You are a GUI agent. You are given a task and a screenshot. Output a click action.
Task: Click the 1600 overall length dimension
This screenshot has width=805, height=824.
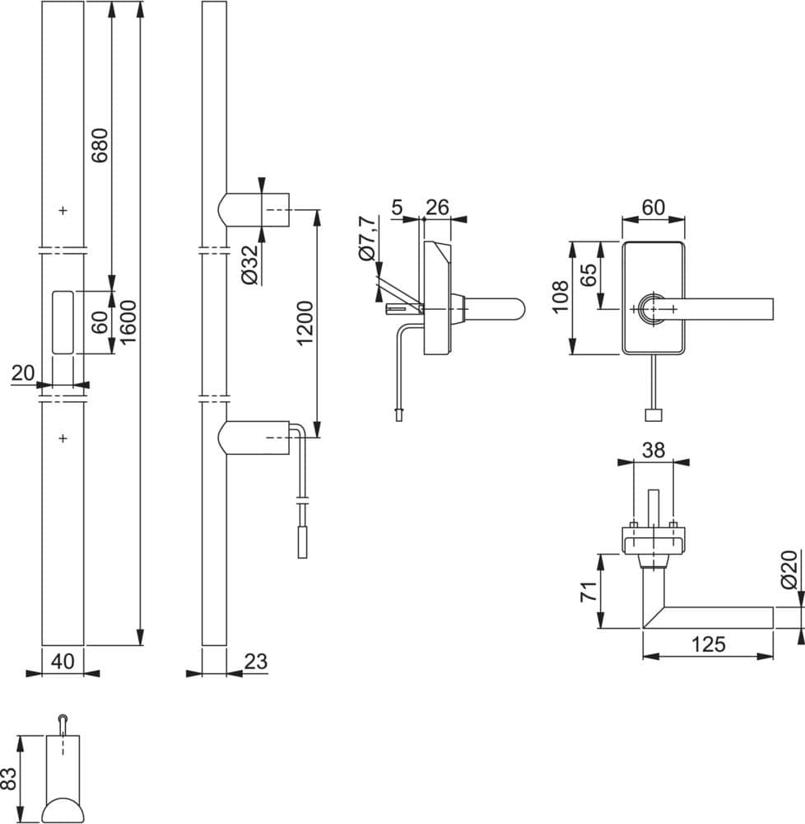point(128,322)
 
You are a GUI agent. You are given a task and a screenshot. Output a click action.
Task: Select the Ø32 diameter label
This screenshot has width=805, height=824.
point(251,265)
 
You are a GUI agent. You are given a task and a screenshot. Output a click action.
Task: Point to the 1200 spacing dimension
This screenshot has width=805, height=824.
point(305,322)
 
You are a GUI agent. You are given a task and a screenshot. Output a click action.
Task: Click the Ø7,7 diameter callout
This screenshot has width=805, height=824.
point(367,237)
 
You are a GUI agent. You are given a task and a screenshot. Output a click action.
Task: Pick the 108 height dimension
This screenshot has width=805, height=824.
point(560,297)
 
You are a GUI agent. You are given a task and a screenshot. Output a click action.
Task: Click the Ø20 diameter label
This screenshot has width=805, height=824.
point(789,569)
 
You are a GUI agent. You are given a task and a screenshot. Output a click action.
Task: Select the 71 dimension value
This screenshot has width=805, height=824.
point(589,591)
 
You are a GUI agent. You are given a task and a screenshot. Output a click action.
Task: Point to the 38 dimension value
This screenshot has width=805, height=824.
point(654,450)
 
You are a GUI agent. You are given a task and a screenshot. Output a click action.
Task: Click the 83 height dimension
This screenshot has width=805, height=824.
point(9,779)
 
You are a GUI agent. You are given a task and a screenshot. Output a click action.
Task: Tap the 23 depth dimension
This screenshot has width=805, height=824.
point(255,662)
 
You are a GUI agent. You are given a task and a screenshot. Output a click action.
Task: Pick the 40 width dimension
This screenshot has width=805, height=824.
point(63,662)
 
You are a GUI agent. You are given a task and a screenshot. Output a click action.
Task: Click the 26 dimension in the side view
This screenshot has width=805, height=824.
point(437,208)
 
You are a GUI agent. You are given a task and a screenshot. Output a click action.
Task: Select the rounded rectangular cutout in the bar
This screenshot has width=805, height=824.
point(63,322)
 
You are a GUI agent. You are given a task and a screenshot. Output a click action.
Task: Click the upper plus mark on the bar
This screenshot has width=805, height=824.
point(63,210)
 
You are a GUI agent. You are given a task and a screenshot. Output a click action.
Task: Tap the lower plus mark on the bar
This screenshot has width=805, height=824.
point(63,438)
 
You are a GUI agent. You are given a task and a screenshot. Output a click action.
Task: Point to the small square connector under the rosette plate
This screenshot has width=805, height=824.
point(653,414)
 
